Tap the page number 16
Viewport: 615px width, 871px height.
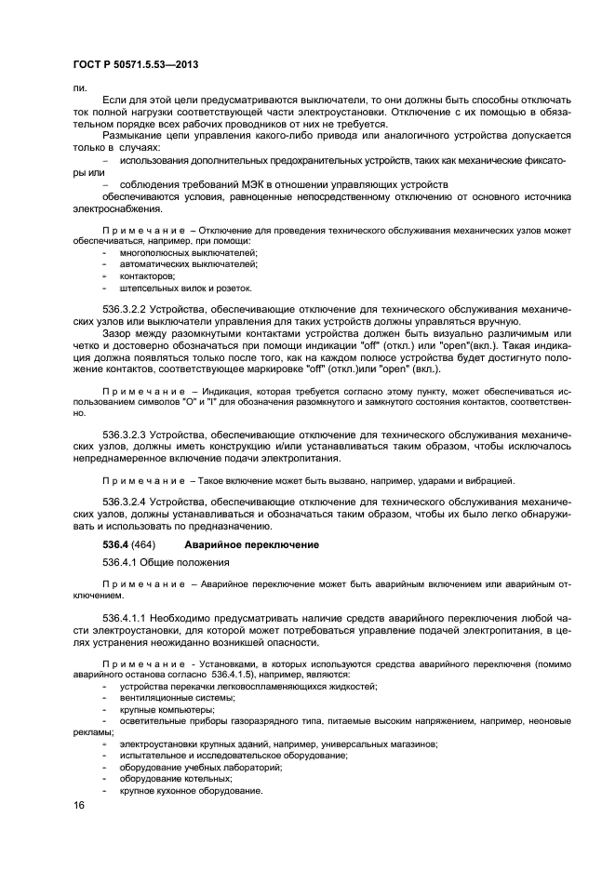[x=79, y=805]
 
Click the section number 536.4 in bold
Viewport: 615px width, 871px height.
[x=116, y=543]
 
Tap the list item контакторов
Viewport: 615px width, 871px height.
[x=147, y=276]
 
